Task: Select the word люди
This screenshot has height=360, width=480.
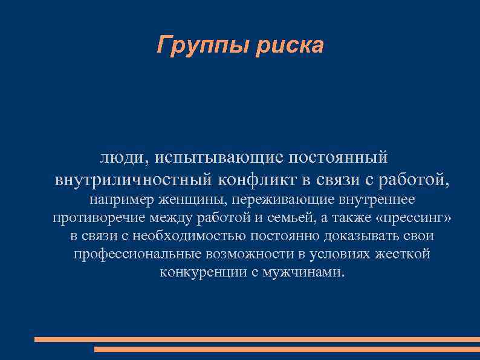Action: coord(122,158)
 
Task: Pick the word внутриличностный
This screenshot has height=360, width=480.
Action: coord(133,180)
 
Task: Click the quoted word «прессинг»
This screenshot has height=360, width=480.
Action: coord(413,218)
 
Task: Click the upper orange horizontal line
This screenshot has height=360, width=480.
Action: coord(257,339)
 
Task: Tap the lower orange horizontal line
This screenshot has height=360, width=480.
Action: coord(287,349)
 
